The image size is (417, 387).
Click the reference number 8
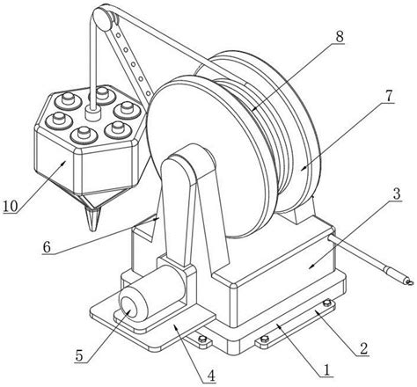[339, 37]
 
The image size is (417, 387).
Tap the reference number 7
[388, 96]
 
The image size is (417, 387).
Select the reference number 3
[396, 194]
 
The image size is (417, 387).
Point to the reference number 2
[363, 349]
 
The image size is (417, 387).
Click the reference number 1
[326, 370]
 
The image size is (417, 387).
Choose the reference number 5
[79, 355]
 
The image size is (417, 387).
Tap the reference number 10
[11, 207]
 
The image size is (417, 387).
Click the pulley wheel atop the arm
[102, 18]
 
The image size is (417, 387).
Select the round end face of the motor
[128, 308]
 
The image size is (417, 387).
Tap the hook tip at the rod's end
[409, 282]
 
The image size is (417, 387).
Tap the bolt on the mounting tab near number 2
[327, 303]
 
